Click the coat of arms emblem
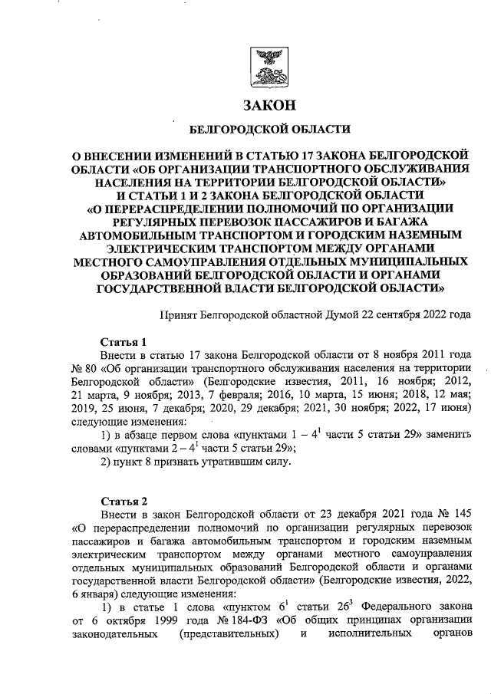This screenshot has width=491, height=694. click(269, 66)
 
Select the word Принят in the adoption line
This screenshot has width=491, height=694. click(178, 315)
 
